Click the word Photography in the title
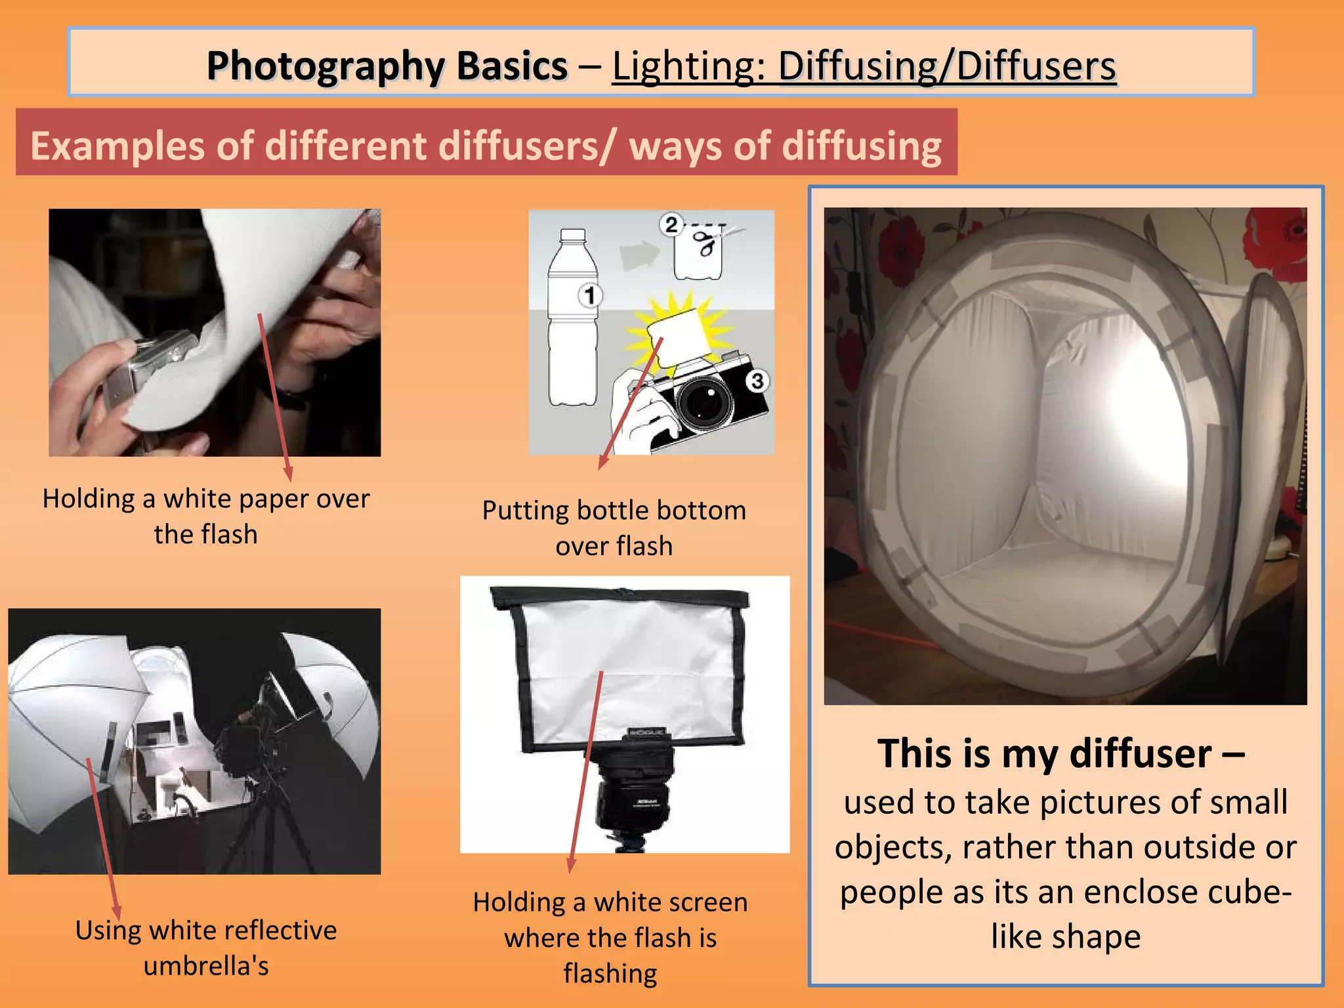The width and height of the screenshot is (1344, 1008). click(387, 66)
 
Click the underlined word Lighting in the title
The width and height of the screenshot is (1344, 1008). click(688, 66)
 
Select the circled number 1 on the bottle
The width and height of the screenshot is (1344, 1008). click(590, 295)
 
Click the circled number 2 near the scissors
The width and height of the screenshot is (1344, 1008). click(671, 225)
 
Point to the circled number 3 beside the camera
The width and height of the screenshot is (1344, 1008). click(757, 381)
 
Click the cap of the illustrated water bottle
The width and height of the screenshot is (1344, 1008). click(573, 235)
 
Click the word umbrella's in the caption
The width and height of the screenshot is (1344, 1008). click(206, 966)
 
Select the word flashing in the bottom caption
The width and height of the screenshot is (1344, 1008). click(610, 973)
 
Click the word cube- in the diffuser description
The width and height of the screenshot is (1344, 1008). click(1251, 892)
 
